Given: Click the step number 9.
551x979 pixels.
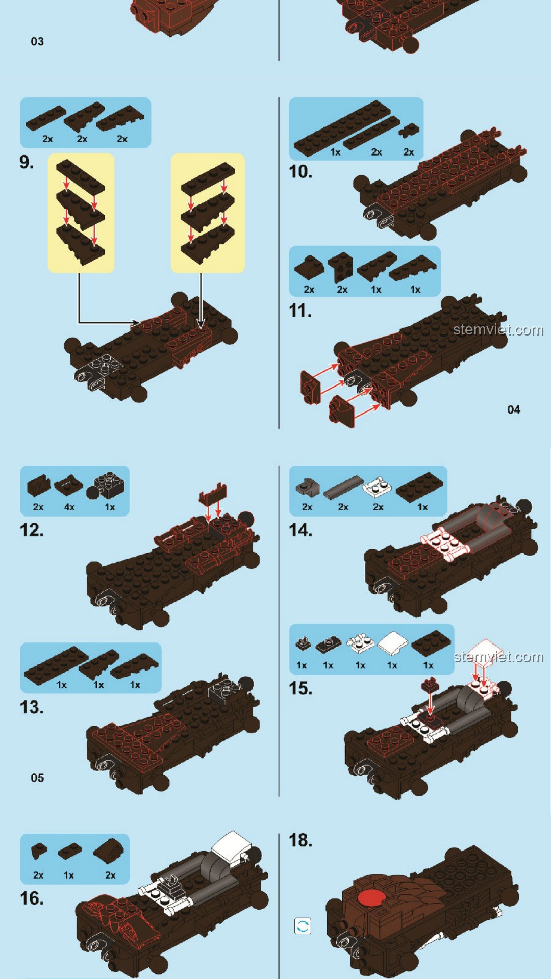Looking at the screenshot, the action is [x=27, y=162].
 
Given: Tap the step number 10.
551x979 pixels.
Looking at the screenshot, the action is [x=300, y=172].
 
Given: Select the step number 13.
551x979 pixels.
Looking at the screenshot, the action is [x=32, y=707].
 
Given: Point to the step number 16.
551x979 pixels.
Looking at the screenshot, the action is [x=32, y=898].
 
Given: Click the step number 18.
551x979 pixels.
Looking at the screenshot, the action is [x=300, y=840].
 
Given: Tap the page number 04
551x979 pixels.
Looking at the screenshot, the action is [x=514, y=409].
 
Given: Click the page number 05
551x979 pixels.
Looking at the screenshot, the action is [x=37, y=778].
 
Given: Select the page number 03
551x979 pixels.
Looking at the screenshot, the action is [x=37, y=41].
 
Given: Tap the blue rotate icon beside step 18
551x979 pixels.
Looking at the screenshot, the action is [x=303, y=926].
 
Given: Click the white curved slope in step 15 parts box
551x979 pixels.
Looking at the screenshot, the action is [x=392, y=643].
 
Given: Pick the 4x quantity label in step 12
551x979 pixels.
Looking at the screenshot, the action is [x=69, y=507].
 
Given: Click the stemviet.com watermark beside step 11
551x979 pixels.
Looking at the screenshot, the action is [x=498, y=330].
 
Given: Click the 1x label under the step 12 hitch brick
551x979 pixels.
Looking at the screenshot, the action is [x=110, y=507].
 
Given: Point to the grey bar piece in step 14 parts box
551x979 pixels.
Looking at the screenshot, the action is [x=343, y=487].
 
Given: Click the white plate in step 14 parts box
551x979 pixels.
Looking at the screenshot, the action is [x=377, y=487].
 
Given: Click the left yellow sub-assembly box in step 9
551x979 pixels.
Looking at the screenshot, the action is [x=81, y=213].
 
